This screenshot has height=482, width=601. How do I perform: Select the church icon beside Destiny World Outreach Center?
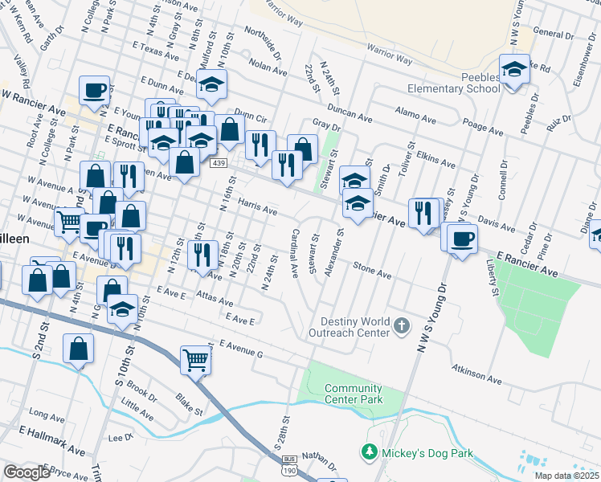(403, 326)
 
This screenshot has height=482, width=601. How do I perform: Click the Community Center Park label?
(353, 394)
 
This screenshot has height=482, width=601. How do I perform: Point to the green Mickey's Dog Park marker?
(370, 452)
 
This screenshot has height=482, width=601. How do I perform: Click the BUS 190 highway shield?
(289, 466)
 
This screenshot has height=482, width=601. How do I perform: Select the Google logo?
(27, 472)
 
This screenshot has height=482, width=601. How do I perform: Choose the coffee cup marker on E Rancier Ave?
(462, 239)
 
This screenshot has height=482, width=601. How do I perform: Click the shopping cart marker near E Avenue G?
(195, 361)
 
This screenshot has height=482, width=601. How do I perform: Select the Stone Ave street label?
(372, 271)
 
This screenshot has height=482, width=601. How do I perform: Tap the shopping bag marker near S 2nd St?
(78, 349)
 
